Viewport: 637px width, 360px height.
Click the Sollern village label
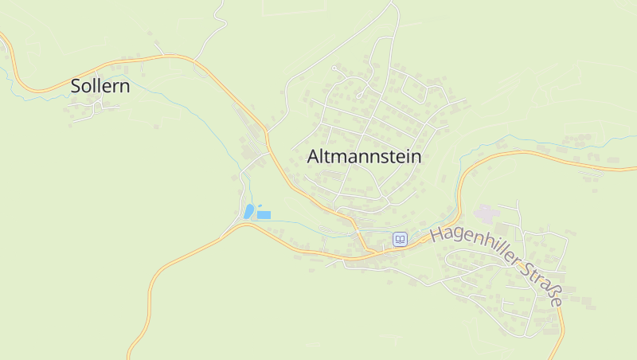coord(100,86)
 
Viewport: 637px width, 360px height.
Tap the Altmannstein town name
coord(364,157)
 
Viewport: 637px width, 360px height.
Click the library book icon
coord(400,239)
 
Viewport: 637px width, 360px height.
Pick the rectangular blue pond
coord(264,215)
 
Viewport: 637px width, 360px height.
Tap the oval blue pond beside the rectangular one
coord(249,211)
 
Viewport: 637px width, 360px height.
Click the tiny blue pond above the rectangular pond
coord(260,205)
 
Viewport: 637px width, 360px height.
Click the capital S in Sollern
coord(76,86)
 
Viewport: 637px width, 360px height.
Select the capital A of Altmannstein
coord(314,157)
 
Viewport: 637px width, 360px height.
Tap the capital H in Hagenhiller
coord(436,234)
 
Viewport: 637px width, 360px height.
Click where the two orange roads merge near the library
coord(369,252)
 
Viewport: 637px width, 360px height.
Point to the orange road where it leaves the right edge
coord(634,167)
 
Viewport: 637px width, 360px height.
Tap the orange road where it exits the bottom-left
coord(130,356)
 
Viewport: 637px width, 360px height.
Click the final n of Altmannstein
coord(416,157)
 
